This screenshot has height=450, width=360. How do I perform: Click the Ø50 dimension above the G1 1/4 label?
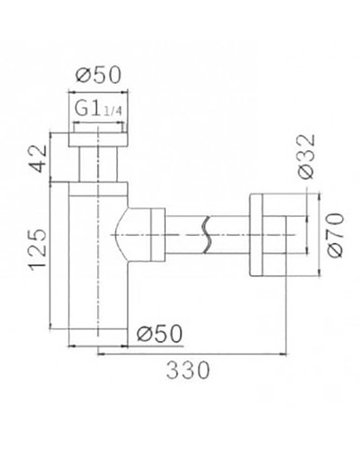pyautogui.click(x=98, y=75)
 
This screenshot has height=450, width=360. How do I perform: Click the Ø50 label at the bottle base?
pyautogui.click(x=161, y=333)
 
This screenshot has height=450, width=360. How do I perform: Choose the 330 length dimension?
pyautogui.click(x=189, y=370)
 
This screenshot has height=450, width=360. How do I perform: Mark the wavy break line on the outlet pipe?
pyautogui.click(x=209, y=237)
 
